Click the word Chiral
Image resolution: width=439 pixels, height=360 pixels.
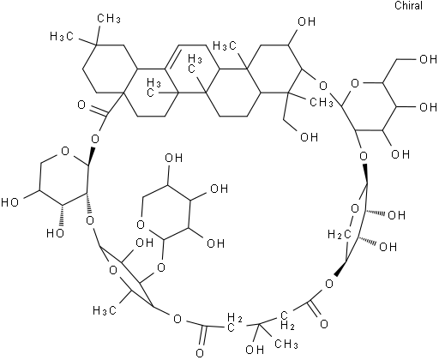click(409, 6)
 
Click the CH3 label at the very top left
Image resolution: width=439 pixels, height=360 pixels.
click(109, 19)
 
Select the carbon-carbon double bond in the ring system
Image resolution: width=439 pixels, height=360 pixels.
click(173, 57)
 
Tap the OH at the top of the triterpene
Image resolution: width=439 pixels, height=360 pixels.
click(306, 21)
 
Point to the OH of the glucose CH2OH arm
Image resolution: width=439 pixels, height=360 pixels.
click(428, 59)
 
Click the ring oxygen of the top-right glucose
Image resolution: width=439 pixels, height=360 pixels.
click(355, 84)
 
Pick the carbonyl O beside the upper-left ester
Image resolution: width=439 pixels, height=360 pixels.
click(81, 105)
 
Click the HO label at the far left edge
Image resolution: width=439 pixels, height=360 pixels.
click(10, 202)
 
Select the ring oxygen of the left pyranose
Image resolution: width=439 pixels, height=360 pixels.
click(65, 151)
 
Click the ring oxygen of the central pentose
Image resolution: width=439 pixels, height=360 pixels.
click(141, 225)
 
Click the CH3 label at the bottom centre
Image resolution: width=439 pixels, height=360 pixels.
click(286, 344)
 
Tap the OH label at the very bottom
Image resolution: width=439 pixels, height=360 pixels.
click(255, 349)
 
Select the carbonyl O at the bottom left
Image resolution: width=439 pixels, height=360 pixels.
click(201, 352)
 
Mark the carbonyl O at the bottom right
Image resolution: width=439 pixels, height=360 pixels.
click(324, 324)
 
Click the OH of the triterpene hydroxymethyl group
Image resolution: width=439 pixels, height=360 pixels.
click(309, 137)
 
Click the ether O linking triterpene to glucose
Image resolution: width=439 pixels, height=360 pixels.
click(323, 86)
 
